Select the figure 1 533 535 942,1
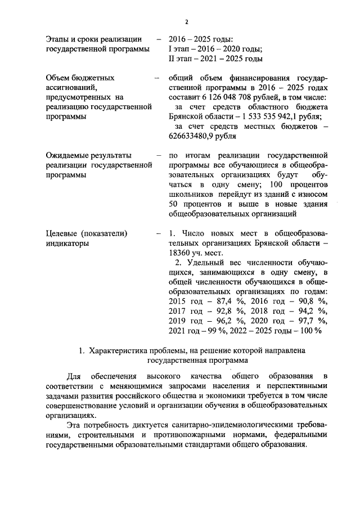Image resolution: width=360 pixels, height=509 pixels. [274, 116]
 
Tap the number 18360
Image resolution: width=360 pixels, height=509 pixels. [179, 253]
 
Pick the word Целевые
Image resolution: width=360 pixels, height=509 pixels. [62, 233]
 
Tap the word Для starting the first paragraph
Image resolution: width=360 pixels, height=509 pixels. [74, 375]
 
